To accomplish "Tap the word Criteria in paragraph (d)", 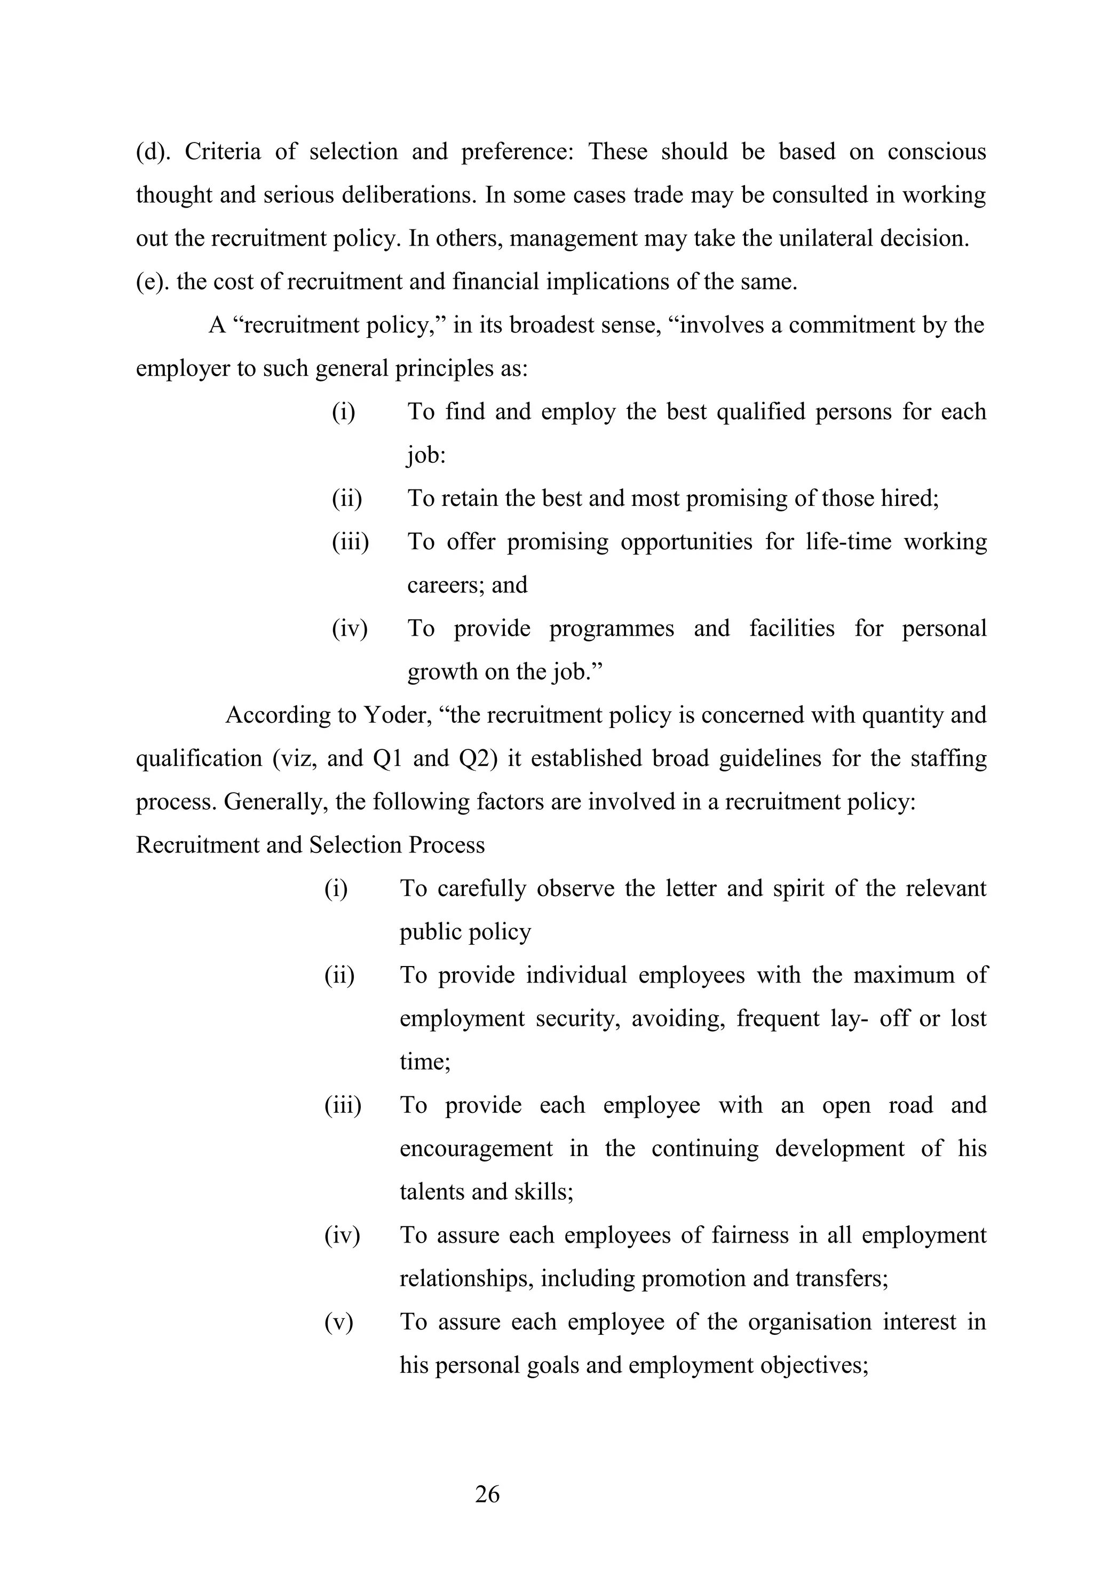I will (223, 152).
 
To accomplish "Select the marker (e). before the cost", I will (152, 281).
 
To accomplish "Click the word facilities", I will (791, 629).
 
